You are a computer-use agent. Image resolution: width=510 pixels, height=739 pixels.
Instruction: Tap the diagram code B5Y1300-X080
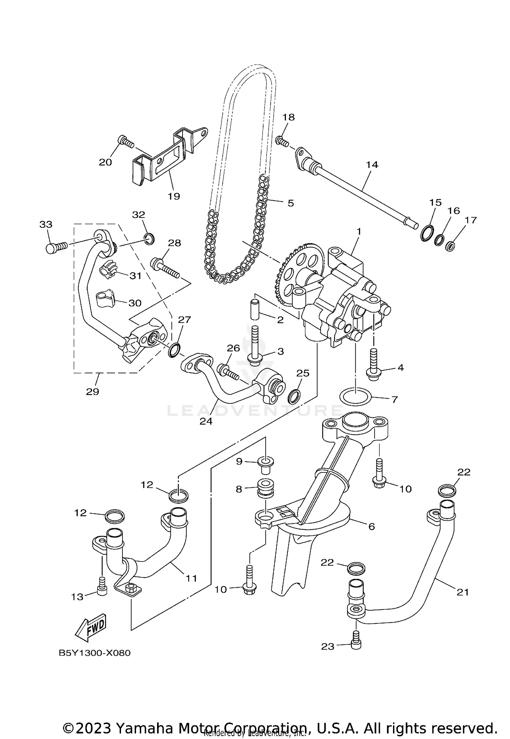pos(95,653)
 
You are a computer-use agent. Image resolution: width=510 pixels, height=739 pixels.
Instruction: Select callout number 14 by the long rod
pos(372,165)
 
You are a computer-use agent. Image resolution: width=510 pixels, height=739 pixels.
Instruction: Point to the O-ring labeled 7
pos(356,397)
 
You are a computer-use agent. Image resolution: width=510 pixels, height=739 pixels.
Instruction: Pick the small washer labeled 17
pos(450,245)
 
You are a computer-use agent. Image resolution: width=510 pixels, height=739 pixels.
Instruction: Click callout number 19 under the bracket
pos(174,196)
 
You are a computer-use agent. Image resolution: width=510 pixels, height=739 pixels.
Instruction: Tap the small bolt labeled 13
pos(102,590)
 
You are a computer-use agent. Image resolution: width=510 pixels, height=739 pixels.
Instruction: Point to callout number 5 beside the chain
pos(290,203)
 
